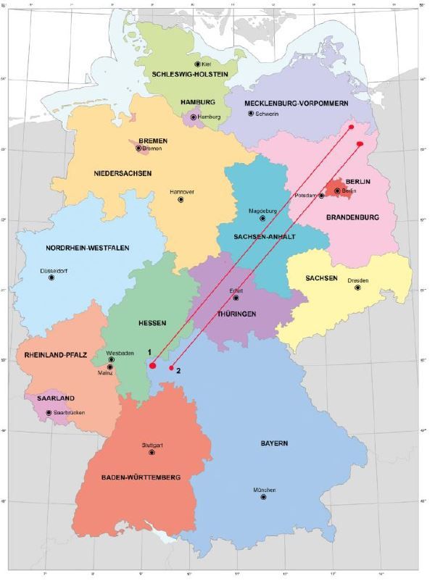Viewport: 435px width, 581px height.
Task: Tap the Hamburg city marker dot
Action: [x=194, y=117]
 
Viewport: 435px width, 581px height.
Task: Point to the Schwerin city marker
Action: [x=250, y=114]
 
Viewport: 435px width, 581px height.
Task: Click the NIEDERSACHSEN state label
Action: [x=123, y=173]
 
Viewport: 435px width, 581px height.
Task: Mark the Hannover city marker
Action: [x=181, y=199]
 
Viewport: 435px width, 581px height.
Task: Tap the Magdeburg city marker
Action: [x=262, y=218]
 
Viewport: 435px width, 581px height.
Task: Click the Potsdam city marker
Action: [x=321, y=196]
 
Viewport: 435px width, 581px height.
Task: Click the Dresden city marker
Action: [x=357, y=288]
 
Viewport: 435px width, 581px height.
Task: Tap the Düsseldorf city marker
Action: [x=51, y=277]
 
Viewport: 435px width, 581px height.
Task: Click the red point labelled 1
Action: [x=153, y=365]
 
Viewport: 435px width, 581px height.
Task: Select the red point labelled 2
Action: [x=172, y=368]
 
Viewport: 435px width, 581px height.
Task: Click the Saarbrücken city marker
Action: [x=49, y=413]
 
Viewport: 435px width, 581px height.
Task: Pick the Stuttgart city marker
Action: [x=152, y=452]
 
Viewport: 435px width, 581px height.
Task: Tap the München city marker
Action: [x=263, y=497]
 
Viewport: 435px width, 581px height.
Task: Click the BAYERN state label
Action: [x=276, y=443]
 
